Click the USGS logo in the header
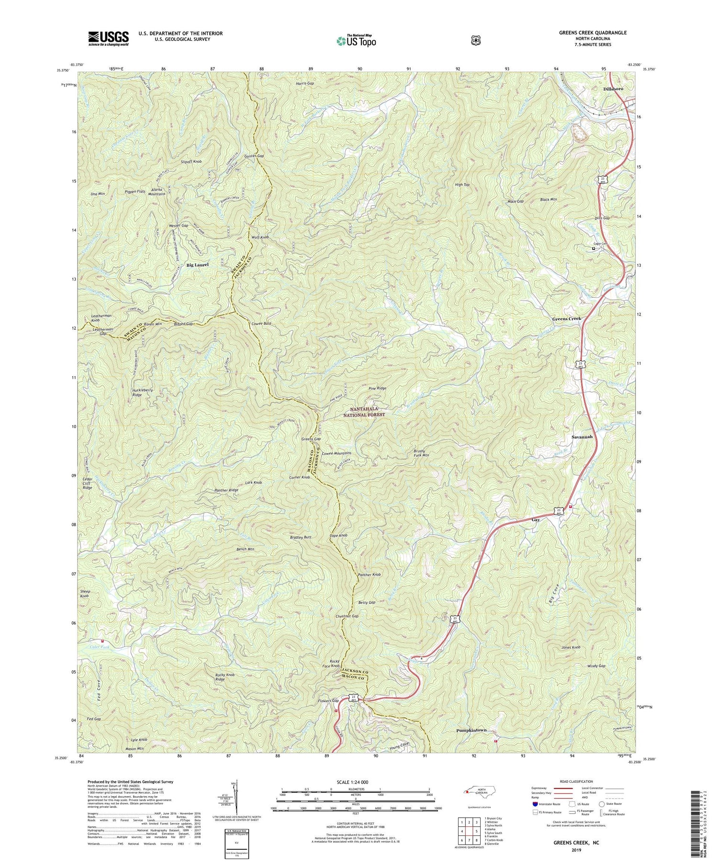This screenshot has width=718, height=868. pyautogui.click(x=109, y=38)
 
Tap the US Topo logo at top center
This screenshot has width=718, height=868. pyautogui.click(x=356, y=41)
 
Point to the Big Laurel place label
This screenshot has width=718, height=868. pyautogui.click(x=198, y=265)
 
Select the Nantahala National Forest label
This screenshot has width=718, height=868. pyautogui.click(x=367, y=412)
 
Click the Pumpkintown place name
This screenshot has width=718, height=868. pyautogui.click(x=471, y=730)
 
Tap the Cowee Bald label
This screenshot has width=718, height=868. pyautogui.click(x=261, y=324)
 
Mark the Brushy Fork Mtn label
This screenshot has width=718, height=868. pyautogui.click(x=421, y=453)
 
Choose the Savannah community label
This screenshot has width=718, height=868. pyautogui.click(x=582, y=437)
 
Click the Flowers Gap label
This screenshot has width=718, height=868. pyautogui.click(x=328, y=701)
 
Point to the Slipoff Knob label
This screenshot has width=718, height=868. pyautogui.click(x=191, y=162)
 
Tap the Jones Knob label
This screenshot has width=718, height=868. pyautogui.click(x=571, y=647)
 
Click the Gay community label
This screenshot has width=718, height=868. pyautogui.click(x=536, y=519)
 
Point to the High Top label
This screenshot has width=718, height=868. pyautogui.click(x=462, y=184)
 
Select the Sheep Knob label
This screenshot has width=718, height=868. pyautogui.click(x=85, y=594)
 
